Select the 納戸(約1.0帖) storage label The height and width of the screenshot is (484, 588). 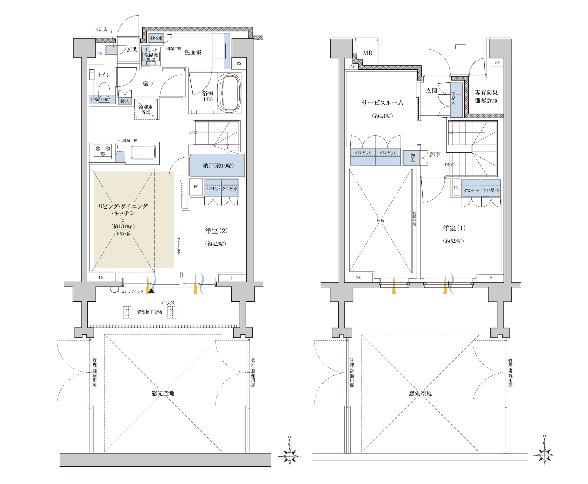coord(218,166)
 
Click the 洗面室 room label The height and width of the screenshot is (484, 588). coord(193,53)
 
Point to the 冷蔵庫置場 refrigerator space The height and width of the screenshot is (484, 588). coord(146,109)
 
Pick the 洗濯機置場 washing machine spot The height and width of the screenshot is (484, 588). coord(151,57)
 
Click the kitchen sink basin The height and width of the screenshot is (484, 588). coord(143,152)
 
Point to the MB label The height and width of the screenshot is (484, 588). coord(367,53)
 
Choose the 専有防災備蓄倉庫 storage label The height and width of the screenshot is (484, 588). coord(486,97)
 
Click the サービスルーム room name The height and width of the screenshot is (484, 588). coord(382,103)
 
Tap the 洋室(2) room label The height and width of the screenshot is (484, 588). coord(216,231)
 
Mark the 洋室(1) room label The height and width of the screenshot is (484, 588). coord(454,228)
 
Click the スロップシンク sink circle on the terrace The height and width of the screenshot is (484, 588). coord(115,289)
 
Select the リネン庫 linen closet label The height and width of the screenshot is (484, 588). coord(156,38)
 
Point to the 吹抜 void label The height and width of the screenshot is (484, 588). coord(381,221)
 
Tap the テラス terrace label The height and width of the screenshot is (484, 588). coord(168,303)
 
